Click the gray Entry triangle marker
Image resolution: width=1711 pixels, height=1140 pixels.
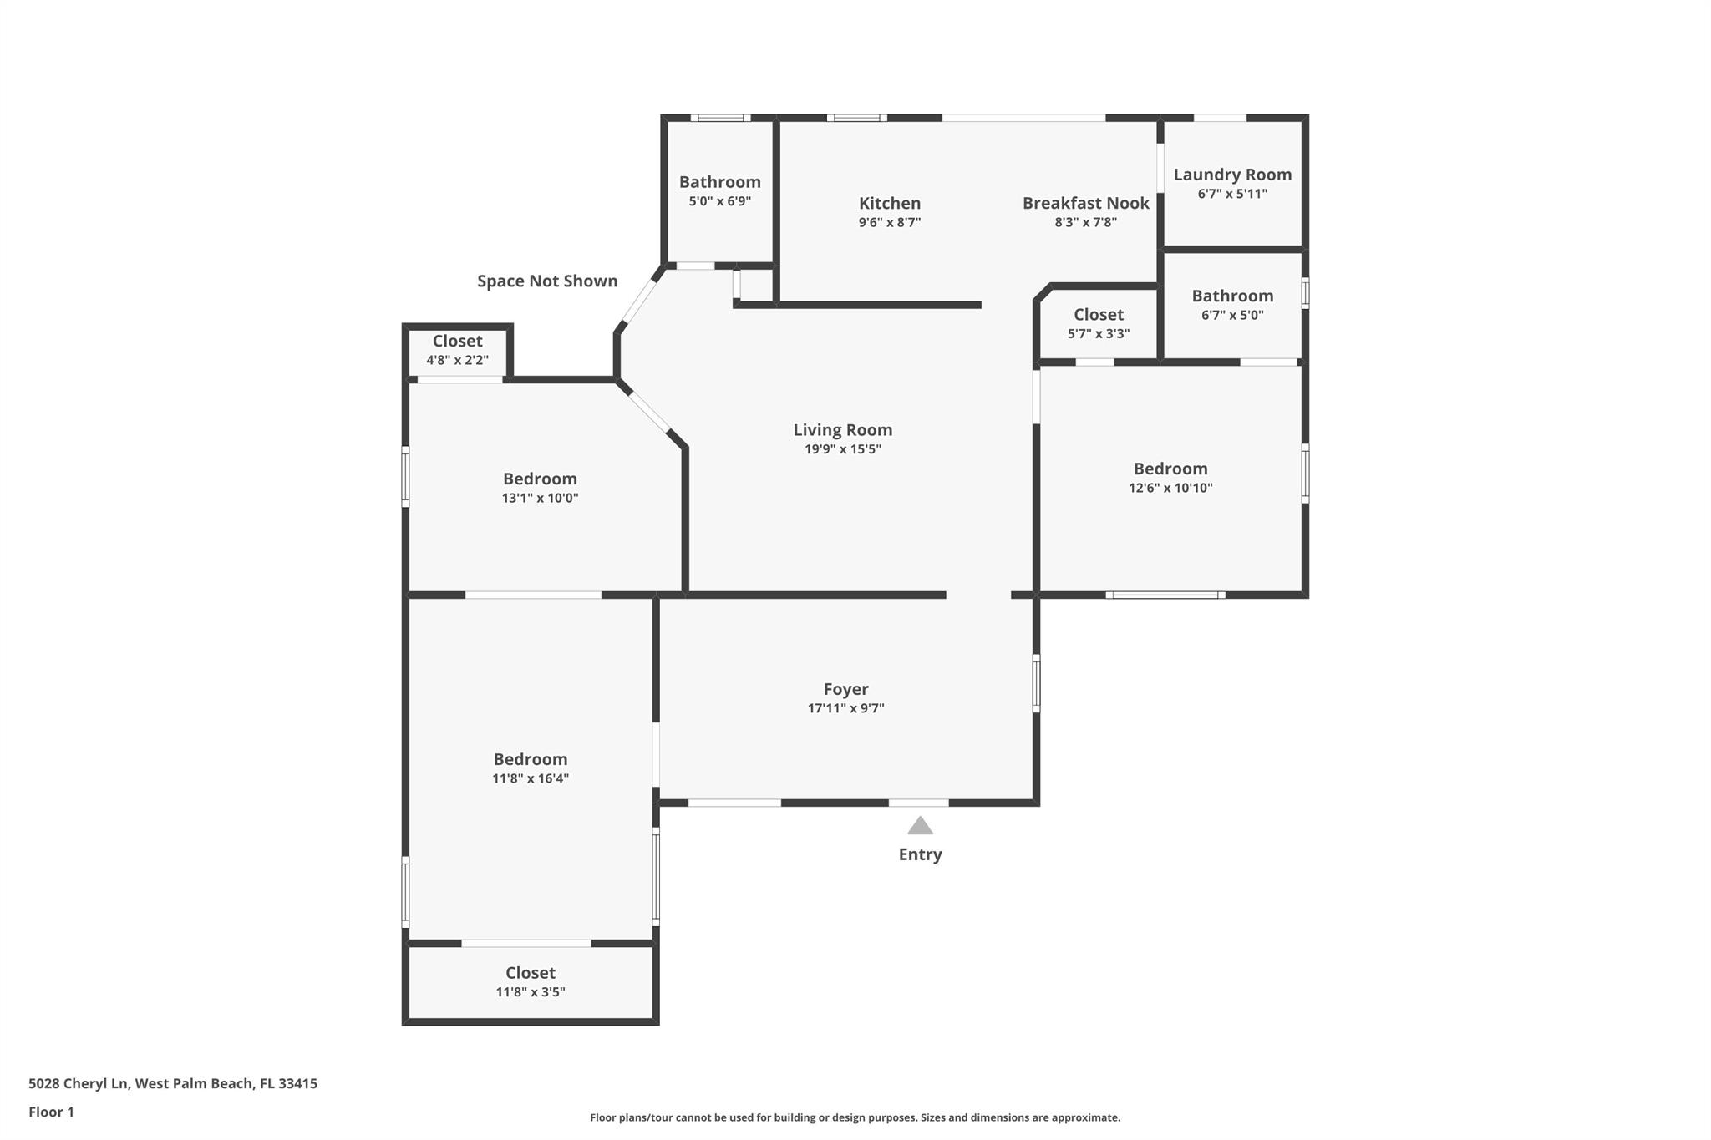coord(920,825)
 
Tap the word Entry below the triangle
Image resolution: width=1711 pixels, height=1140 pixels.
coord(920,854)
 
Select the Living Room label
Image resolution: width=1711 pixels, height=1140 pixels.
coord(843,430)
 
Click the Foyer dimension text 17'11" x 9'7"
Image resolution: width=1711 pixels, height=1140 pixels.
coord(845,708)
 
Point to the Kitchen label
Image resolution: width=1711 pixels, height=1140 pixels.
coord(890,203)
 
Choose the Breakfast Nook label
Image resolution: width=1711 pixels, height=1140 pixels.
coord(1086,203)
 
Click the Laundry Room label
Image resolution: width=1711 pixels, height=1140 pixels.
coord(1232,175)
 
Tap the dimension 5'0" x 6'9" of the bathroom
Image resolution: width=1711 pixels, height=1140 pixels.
coord(719,201)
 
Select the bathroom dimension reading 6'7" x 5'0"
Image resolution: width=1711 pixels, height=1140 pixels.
coord(1232,315)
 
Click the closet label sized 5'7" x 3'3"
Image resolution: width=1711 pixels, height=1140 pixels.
coord(1099,315)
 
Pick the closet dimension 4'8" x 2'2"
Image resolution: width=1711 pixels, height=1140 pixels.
coord(457,360)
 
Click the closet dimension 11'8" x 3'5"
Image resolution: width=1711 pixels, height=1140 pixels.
coord(531,992)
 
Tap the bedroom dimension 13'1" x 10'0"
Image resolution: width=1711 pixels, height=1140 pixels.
coord(540,498)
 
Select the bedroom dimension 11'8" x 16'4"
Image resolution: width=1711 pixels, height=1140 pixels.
coord(531,778)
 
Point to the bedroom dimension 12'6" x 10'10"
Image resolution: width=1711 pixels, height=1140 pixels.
coord(1170,488)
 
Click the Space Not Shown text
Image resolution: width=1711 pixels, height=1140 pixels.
coord(547,281)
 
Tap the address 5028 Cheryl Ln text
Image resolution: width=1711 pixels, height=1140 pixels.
coord(79,1083)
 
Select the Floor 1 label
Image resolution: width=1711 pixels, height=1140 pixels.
coord(51,1112)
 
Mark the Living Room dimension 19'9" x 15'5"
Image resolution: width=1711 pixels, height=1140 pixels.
coord(843,449)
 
